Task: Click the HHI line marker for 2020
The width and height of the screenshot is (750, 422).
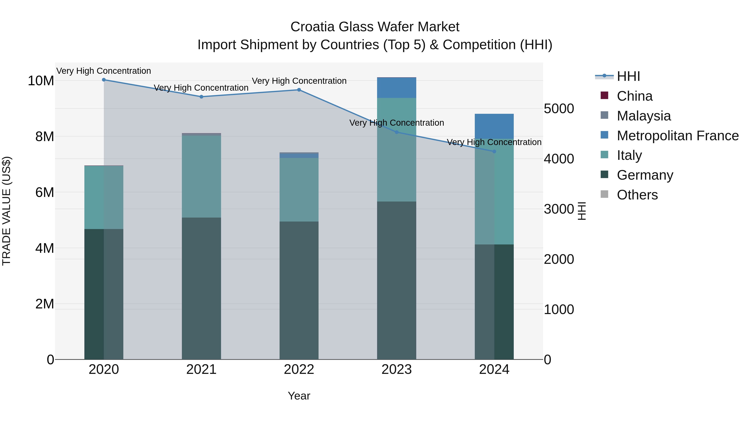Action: [x=104, y=80]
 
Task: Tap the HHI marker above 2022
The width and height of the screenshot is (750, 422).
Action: [x=299, y=90]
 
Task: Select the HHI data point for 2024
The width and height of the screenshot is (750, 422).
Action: [x=494, y=152]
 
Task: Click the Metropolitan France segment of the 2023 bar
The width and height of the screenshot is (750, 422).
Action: [x=396, y=88]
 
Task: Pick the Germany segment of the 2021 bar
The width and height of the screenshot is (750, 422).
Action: [x=201, y=288]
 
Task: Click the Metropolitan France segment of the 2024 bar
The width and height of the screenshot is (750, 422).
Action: [x=494, y=126]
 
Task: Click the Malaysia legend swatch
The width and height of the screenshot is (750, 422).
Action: [x=604, y=115]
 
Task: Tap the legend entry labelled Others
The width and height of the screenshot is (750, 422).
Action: [x=637, y=195]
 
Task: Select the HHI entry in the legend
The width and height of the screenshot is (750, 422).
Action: [x=628, y=76]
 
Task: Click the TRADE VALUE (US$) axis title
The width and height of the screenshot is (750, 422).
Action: [x=6, y=211]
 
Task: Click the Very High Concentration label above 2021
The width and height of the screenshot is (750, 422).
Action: [x=201, y=88]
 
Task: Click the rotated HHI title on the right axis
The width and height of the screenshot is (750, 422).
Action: [x=581, y=211]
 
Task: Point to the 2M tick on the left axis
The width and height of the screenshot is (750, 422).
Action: [x=45, y=304]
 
